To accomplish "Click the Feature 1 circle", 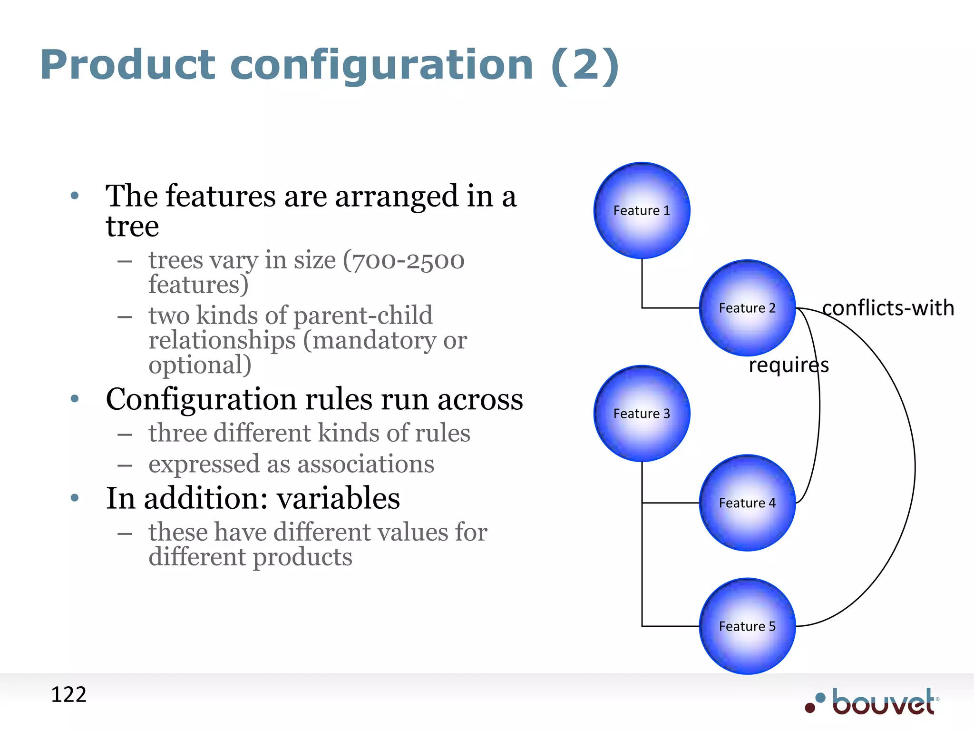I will (642, 210).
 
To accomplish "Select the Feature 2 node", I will (747, 308).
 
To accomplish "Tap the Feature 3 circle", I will (642, 413).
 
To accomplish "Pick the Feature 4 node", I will (747, 503).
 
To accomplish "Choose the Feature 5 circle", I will (747, 626).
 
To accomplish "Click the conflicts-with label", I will (888, 308).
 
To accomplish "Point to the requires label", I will (789, 365).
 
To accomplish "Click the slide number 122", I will (68, 695).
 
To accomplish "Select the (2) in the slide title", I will (585, 65).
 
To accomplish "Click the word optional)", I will (200, 365).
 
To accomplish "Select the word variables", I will (338, 498).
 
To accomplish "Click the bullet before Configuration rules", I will (75, 399).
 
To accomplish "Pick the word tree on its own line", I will (132, 227).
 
